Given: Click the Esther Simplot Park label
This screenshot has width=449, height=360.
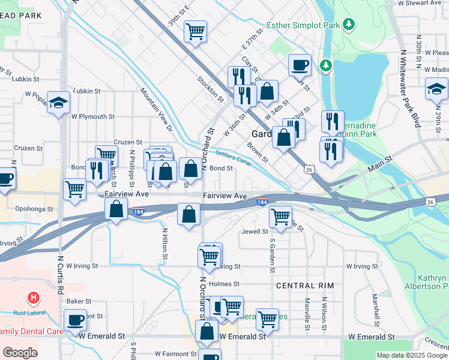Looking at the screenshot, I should [x=303, y=25].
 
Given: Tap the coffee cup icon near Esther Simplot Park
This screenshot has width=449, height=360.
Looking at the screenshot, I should [x=300, y=64].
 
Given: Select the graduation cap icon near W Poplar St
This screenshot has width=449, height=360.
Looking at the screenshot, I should [x=59, y=103].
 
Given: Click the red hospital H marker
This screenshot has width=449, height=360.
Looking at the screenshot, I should [x=34, y=297].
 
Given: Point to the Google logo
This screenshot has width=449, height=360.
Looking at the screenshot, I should [x=20, y=353].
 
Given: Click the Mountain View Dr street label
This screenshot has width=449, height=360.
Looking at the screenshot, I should [x=156, y=110].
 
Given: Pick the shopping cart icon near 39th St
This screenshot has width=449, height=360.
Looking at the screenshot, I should [x=195, y=30].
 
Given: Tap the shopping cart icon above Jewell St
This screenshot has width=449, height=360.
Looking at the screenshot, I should [x=280, y=217].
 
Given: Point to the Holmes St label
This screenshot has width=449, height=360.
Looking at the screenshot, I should [x=224, y=284].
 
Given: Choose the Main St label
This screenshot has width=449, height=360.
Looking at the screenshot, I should [x=379, y=160].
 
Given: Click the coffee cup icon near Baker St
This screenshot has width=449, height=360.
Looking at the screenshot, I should [x=76, y=320].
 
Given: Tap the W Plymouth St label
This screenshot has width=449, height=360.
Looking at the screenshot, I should [x=92, y=117].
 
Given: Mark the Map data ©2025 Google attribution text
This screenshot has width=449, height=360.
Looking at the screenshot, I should [x=412, y=355].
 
